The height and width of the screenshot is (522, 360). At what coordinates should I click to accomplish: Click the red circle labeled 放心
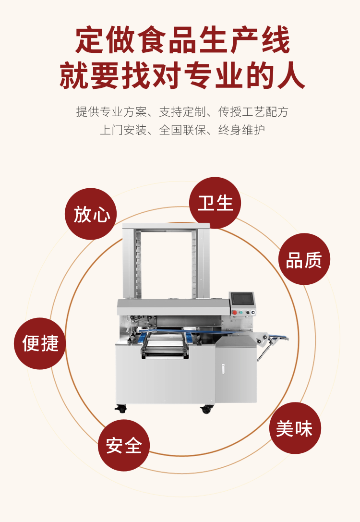pos(91,214)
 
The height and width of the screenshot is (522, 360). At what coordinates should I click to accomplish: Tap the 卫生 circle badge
pos(215,203)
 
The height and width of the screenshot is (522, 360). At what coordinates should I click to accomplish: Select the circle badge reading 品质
pos(304,259)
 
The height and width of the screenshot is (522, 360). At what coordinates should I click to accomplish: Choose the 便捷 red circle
pos(40,343)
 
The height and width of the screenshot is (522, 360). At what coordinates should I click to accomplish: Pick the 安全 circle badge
pos(124,445)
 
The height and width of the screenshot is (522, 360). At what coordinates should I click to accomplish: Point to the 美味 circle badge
pos(295,428)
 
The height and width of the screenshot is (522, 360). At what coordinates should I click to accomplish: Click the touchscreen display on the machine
pos(242,298)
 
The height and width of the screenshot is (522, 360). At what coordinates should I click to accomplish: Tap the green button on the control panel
pos(240,312)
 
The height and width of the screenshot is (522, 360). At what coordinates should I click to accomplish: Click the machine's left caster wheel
pos(120,409)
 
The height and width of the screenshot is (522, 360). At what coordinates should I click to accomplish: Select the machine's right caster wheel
pos(206,409)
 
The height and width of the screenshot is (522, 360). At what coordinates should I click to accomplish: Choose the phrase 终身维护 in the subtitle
pos(241,130)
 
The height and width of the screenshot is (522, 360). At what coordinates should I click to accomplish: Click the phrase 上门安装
pos(123,130)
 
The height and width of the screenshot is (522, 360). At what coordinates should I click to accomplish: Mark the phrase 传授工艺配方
pos(253,112)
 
